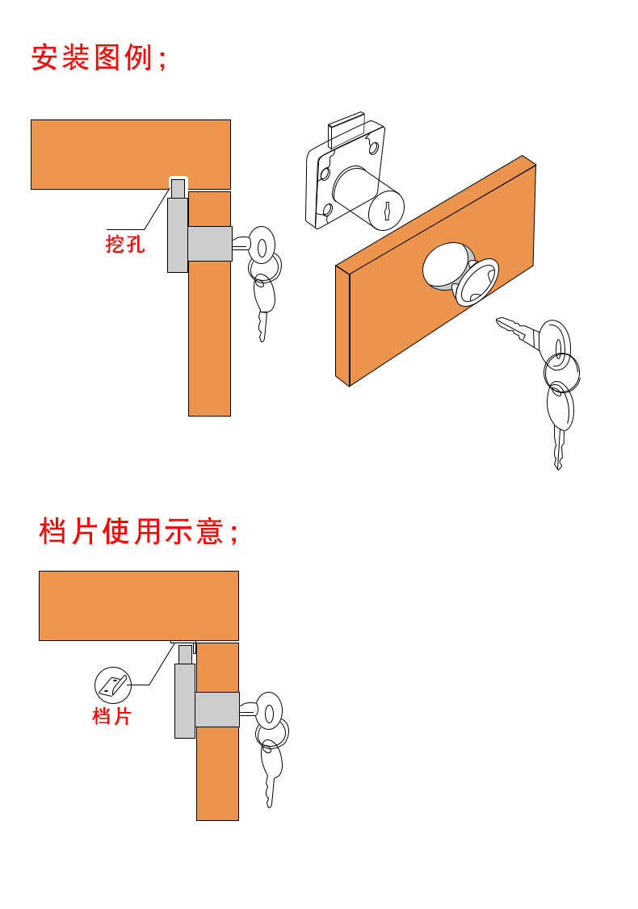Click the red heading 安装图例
click(99, 58)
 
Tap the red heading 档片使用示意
click(138, 531)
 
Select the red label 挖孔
click(125, 244)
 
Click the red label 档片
click(111, 715)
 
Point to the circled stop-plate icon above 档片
click(112, 685)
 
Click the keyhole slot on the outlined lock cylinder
click(388, 212)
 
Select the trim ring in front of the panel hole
click(476, 283)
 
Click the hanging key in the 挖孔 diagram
click(263, 307)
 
